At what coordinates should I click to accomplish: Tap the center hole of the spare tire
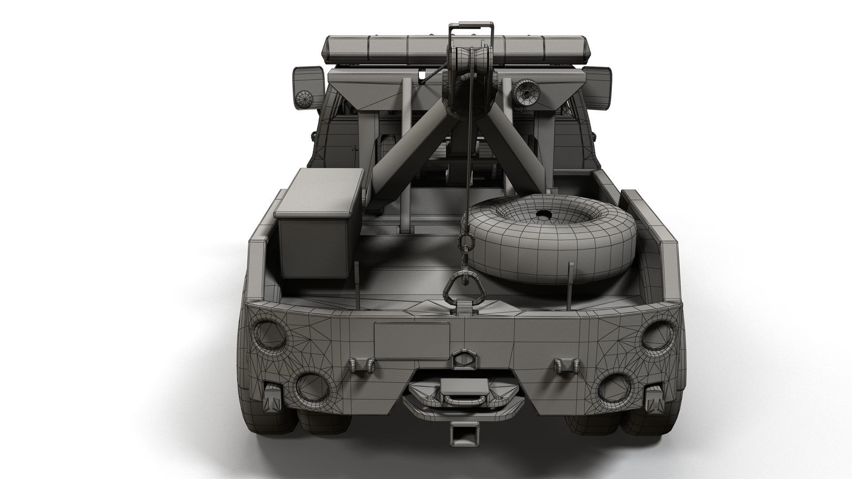(543, 215)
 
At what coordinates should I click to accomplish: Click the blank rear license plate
(412, 341)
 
